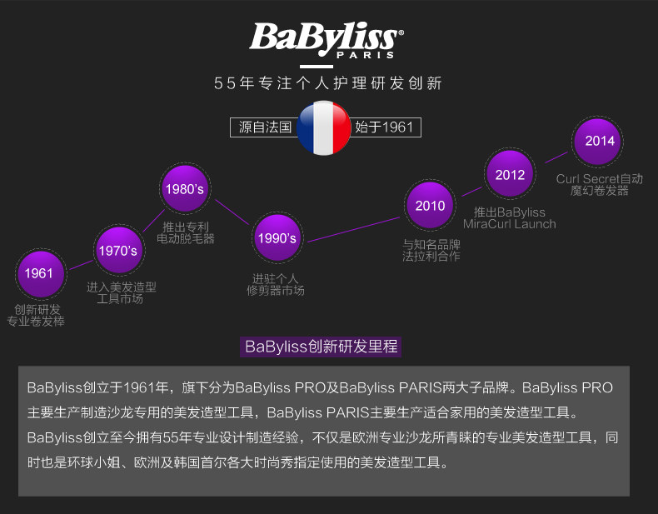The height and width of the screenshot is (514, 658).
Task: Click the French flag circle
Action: (x=324, y=127)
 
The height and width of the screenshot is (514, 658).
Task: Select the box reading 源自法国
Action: (x=264, y=127)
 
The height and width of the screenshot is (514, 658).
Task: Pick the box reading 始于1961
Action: (x=383, y=127)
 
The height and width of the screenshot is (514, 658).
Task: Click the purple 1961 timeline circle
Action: (x=39, y=272)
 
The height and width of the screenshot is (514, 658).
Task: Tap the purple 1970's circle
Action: (x=117, y=251)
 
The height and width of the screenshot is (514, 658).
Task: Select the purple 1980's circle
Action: (x=184, y=189)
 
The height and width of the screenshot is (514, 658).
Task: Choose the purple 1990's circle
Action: (x=277, y=238)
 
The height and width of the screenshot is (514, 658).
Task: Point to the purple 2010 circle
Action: (x=431, y=206)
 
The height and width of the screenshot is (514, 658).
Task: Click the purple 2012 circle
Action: (x=510, y=175)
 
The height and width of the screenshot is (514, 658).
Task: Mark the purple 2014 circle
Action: (x=599, y=141)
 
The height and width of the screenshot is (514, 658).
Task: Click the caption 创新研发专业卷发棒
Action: (x=37, y=315)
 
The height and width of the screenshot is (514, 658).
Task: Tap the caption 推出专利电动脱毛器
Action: (x=186, y=232)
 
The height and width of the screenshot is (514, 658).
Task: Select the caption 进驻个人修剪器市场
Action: (x=276, y=285)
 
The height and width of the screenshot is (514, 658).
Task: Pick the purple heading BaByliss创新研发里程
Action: (x=321, y=347)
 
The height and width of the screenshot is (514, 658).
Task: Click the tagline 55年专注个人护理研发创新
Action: (x=327, y=83)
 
